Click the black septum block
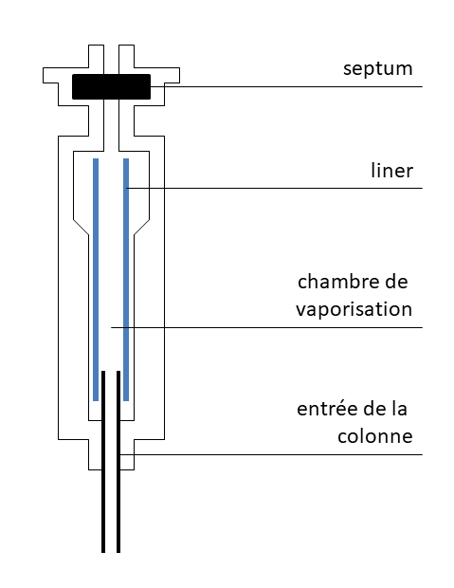(112, 86)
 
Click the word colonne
(375, 436)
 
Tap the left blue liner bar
(96, 280)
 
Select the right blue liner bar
(126, 280)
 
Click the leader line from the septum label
(284, 88)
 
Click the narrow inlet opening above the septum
(112, 57)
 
